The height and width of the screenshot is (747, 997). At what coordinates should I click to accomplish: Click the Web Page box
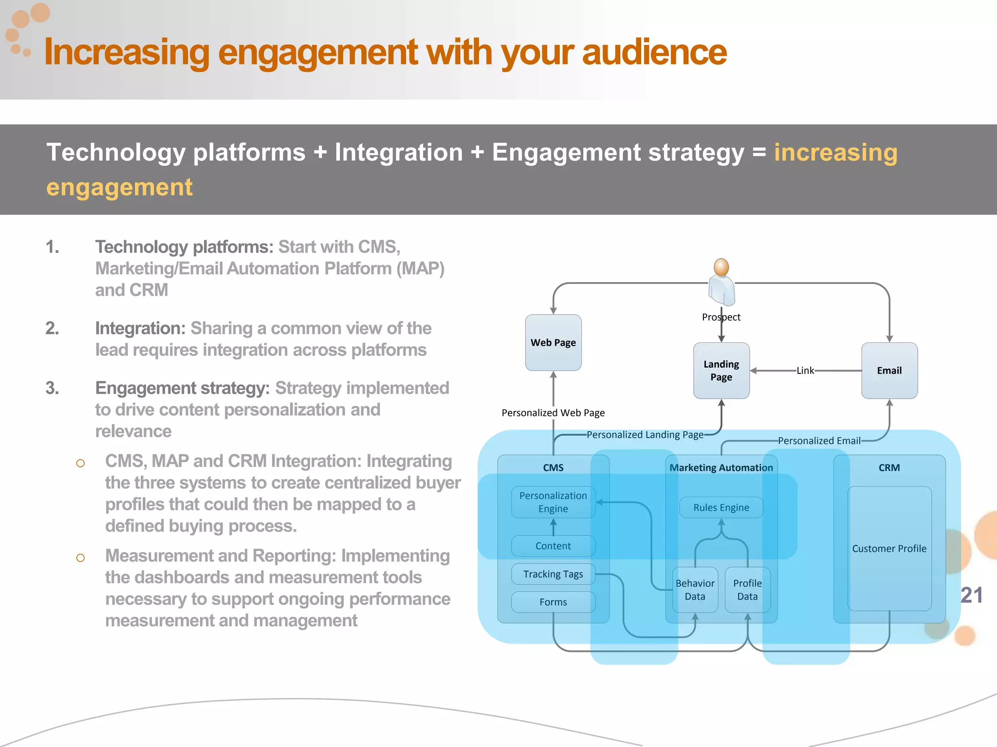click(x=553, y=342)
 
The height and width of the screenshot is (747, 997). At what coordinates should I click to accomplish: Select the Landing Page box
click(x=721, y=371)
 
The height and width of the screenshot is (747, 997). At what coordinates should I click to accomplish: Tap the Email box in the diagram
click(x=889, y=371)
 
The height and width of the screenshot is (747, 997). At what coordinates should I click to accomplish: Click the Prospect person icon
click(x=721, y=282)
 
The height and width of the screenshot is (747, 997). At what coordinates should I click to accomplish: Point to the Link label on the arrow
click(x=805, y=371)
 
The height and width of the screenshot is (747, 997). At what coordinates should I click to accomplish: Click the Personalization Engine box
click(x=553, y=502)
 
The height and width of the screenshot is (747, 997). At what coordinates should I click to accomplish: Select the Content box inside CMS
click(x=553, y=546)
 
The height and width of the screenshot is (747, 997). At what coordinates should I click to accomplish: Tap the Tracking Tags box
click(x=553, y=574)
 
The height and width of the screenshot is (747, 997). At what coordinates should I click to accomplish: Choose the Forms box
click(x=553, y=602)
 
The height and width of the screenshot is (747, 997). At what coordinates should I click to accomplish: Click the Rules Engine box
click(x=721, y=507)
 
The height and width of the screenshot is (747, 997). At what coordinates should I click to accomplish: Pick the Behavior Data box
click(x=695, y=589)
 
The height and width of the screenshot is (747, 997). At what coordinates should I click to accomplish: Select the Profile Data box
click(x=747, y=589)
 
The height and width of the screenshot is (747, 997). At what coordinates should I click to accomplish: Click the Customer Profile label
click(x=889, y=549)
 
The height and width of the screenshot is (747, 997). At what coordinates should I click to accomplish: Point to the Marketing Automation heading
click(x=721, y=467)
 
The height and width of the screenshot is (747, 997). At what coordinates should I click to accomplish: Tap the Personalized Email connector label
click(x=819, y=441)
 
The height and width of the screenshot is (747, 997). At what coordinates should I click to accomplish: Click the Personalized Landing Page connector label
click(x=645, y=434)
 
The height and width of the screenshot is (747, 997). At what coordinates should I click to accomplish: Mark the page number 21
click(x=971, y=595)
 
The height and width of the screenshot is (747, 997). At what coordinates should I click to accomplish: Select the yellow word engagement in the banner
click(x=119, y=187)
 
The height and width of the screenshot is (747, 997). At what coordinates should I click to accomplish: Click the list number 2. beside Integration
click(x=52, y=328)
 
